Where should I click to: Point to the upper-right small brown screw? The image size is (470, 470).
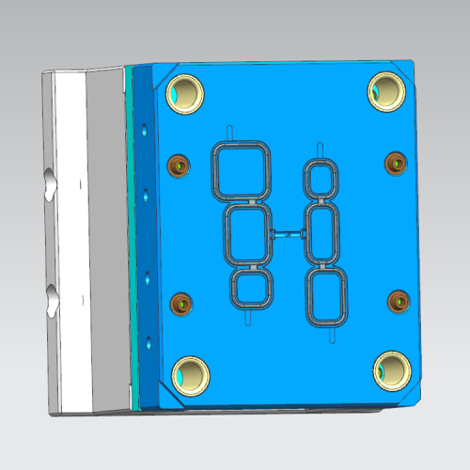tap(396, 164)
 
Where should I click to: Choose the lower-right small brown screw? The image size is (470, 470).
tap(399, 301)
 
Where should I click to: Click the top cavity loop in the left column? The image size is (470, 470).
tap(242, 171)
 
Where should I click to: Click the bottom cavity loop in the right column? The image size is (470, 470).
tap(327, 296)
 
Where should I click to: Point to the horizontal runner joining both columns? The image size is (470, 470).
tap(286, 233)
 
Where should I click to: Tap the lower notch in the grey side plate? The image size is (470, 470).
tap(50, 302)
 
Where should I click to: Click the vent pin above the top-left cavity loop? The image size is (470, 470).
tap(228, 133)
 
